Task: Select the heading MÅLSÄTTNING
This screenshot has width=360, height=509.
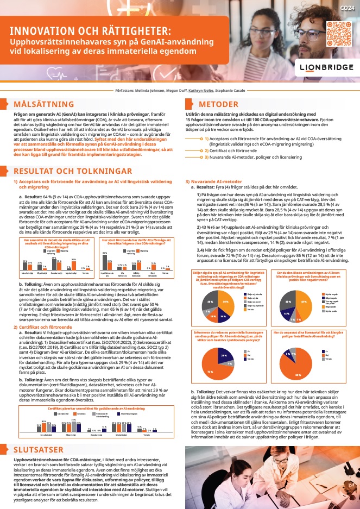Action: click(x=40, y=103)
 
